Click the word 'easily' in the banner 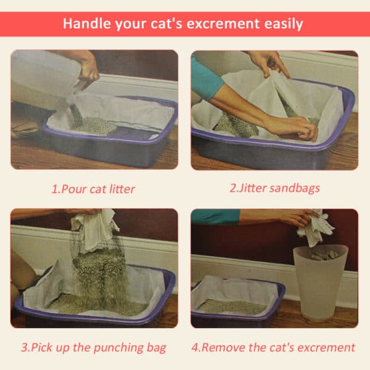pyautogui.click(x=281, y=24)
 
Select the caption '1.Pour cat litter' pyautogui.click(x=93, y=188)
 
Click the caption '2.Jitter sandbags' pyautogui.click(x=274, y=188)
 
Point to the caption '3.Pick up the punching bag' pyautogui.click(x=93, y=347)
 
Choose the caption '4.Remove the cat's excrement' pyautogui.click(x=273, y=347)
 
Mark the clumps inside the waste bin pyautogui.click(x=324, y=254)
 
